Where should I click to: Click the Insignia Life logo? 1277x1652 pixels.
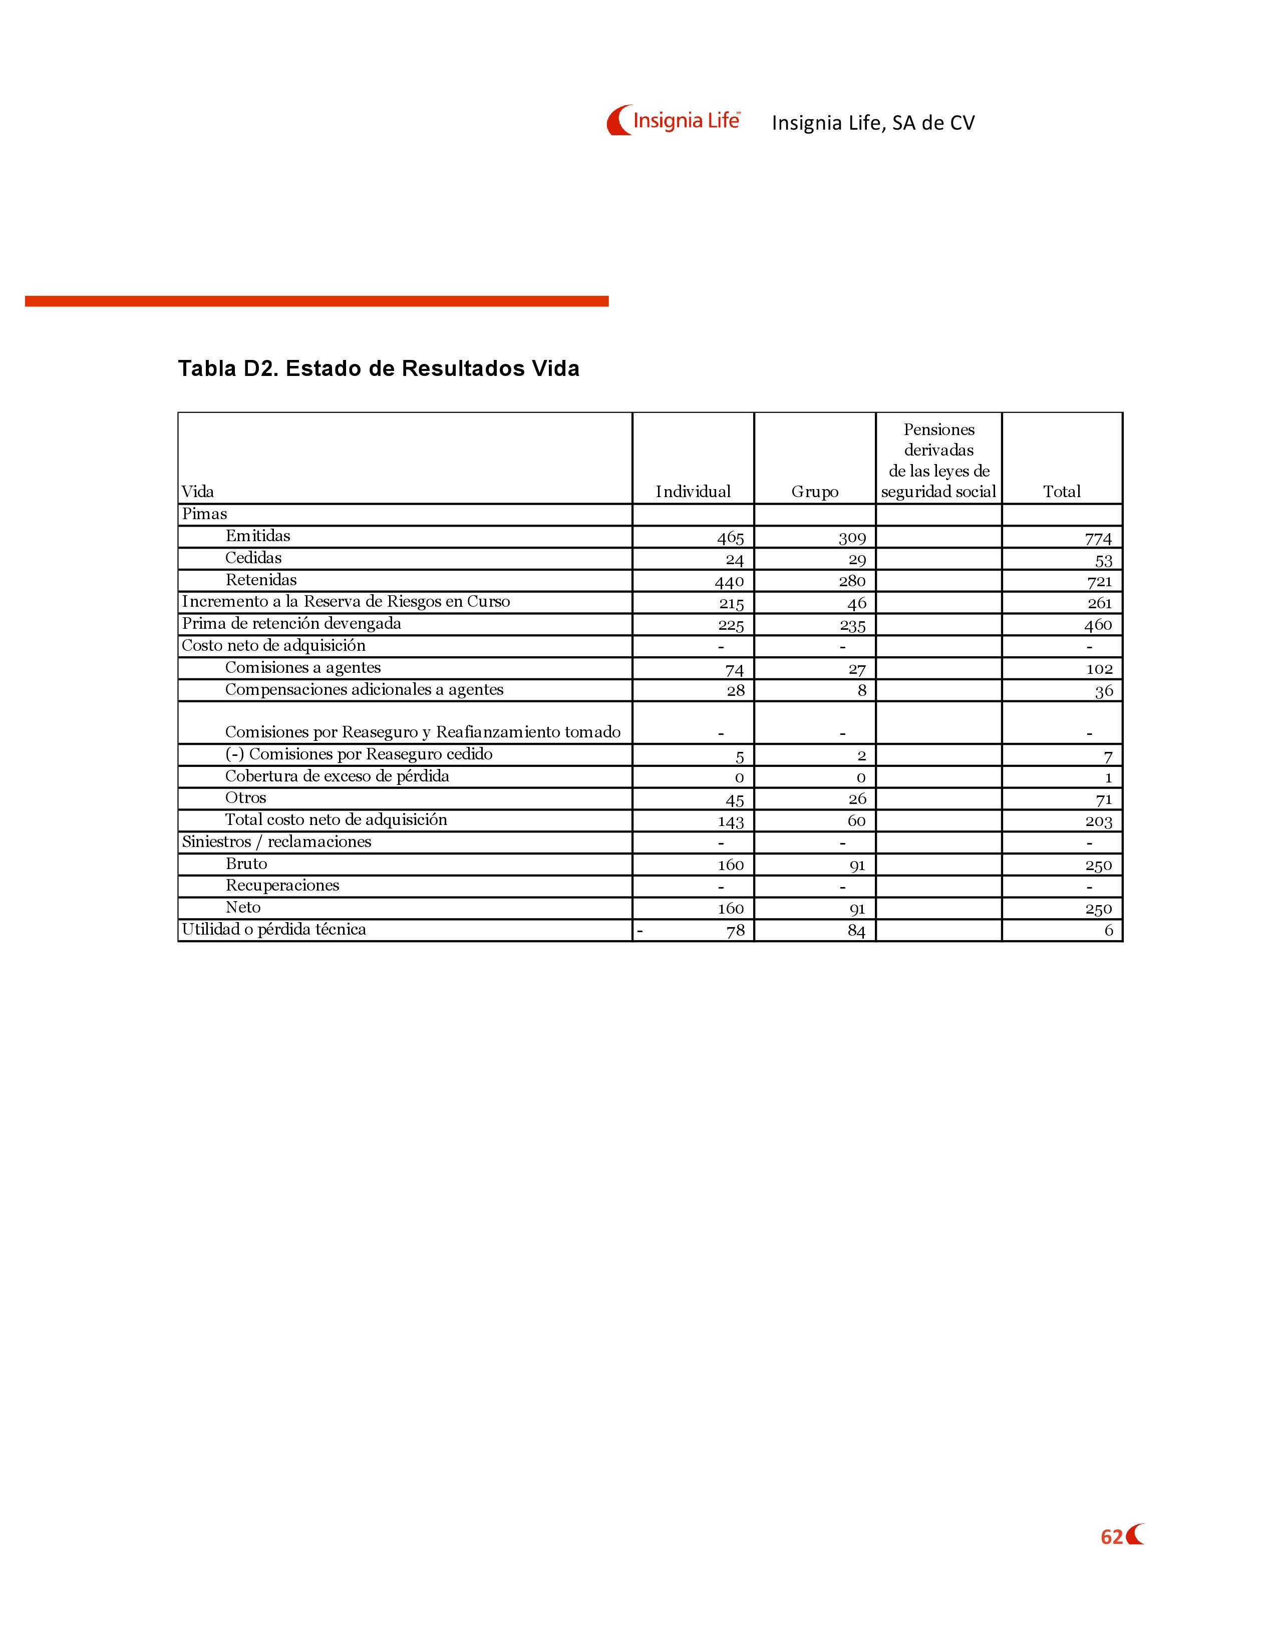click(x=673, y=120)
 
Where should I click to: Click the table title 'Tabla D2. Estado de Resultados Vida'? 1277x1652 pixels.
click(x=378, y=368)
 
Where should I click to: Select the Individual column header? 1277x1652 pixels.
click(x=693, y=492)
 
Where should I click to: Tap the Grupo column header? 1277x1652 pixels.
click(x=815, y=492)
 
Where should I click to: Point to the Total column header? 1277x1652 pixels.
click(x=1061, y=492)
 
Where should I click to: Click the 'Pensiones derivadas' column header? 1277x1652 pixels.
click(x=938, y=460)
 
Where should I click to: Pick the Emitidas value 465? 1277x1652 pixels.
click(x=731, y=538)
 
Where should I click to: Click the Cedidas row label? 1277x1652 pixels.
click(x=253, y=558)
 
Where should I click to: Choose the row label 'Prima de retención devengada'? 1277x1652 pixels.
click(x=291, y=624)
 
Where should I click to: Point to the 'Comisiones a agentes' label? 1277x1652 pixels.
click(x=302, y=668)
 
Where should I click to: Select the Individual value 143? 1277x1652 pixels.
click(x=731, y=822)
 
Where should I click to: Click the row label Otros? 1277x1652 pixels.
click(x=246, y=798)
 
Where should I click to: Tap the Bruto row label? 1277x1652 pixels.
click(x=246, y=864)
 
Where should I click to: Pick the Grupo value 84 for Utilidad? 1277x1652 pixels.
click(x=856, y=931)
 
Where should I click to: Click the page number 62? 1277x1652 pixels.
click(x=1111, y=1537)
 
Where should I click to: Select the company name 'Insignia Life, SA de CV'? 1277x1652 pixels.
click(x=873, y=123)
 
